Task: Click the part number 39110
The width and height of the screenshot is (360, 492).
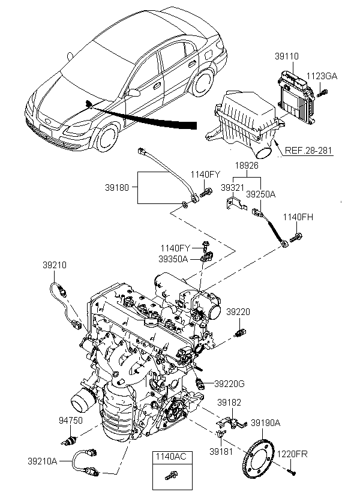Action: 287,56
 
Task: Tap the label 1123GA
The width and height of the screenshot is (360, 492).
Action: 322,76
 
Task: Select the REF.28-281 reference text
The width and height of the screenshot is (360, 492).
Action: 308,150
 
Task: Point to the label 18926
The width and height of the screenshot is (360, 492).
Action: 247,166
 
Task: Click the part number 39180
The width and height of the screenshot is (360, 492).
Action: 117,188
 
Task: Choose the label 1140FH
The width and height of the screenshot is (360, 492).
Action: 298,217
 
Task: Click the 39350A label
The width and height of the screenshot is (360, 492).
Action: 173,259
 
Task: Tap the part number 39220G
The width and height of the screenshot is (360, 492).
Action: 229,384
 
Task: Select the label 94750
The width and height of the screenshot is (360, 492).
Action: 71,421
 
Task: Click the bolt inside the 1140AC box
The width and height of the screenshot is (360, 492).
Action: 171,475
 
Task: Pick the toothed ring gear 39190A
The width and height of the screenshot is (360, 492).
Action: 259,460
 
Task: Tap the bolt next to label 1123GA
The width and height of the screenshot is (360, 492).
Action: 322,93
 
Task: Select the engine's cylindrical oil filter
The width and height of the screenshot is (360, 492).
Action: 83,401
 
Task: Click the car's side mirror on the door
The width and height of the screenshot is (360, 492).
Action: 134,92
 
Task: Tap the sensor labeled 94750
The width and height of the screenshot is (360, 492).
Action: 69,440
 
